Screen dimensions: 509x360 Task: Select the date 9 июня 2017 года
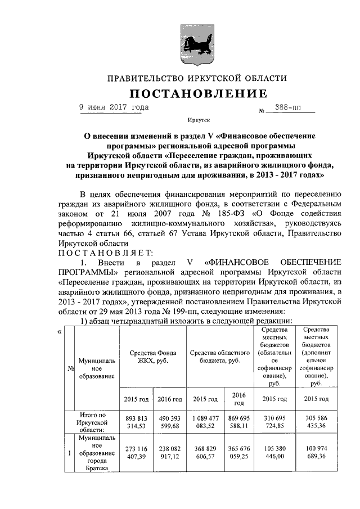[x=114, y=107]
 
